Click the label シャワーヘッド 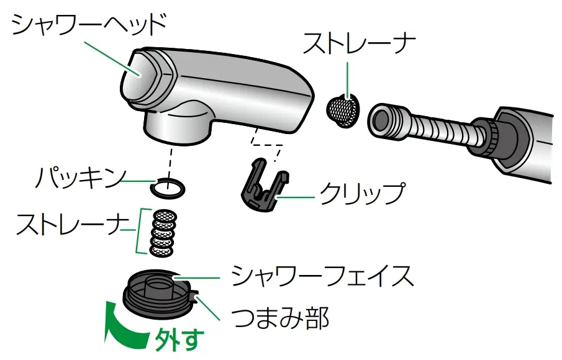point(90,24)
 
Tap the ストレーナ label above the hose point(359,45)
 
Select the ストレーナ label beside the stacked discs point(68,225)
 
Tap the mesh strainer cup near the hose point(343,110)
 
